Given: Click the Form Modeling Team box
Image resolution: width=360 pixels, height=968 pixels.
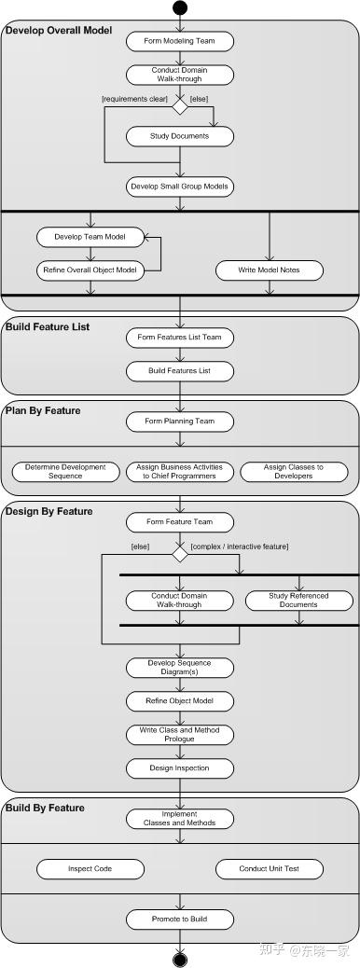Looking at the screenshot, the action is [180, 41].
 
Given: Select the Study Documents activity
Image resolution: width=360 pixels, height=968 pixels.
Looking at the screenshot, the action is [180, 136].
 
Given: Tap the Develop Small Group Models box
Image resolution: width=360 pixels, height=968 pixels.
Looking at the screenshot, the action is [180, 187].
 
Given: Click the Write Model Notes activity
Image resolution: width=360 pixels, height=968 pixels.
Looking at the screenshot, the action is [270, 270].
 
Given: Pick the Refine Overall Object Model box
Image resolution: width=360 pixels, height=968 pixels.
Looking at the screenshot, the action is [90, 270].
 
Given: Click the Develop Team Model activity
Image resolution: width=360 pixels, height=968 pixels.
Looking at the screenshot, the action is [90, 237].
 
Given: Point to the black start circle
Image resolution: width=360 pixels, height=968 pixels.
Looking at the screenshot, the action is [180, 7].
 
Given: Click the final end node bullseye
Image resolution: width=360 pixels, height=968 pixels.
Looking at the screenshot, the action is [180, 960].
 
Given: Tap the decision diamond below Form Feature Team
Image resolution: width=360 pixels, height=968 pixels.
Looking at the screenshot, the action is [180, 554].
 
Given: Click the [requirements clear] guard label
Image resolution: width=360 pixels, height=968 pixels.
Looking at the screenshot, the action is [135, 99].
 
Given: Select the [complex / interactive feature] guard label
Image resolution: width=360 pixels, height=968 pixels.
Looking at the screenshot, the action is [240, 546].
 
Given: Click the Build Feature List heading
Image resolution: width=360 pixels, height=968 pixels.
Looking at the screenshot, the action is [48, 326].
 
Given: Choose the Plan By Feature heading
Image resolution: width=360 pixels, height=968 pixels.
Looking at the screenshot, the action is [43, 410].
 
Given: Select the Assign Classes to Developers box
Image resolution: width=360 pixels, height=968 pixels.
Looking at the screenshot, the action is [293, 472].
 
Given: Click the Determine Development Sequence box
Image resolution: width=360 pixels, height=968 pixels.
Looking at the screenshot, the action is [65, 472].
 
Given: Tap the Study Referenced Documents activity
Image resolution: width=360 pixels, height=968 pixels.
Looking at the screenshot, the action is [298, 600].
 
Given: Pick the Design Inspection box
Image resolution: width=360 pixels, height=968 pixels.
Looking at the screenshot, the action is [180, 768].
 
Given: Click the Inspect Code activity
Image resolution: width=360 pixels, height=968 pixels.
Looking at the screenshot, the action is [90, 869].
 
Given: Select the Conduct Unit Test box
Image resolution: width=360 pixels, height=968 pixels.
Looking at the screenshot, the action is [270, 869].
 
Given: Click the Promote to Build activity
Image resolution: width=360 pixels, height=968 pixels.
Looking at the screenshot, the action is [180, 920].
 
